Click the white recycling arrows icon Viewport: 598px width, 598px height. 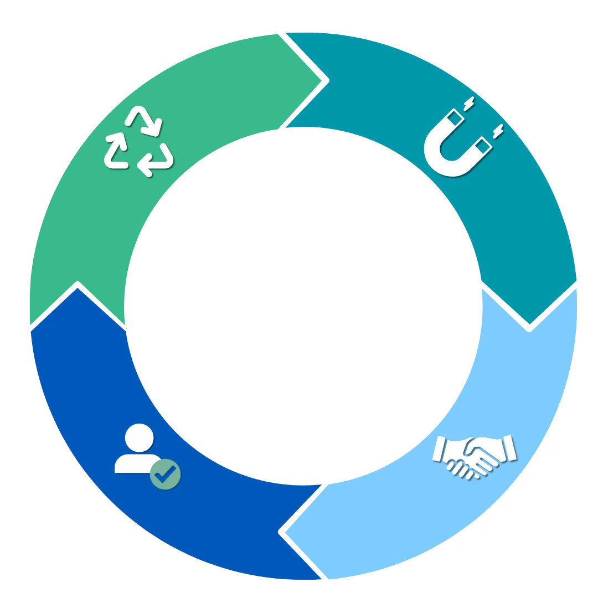coord(138,141)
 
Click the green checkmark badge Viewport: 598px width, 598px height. coord(165,473)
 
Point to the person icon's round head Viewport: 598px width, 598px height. coord(139,438)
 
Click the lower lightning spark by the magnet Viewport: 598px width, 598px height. coord(497,132)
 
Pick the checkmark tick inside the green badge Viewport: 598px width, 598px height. coord(166,473)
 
